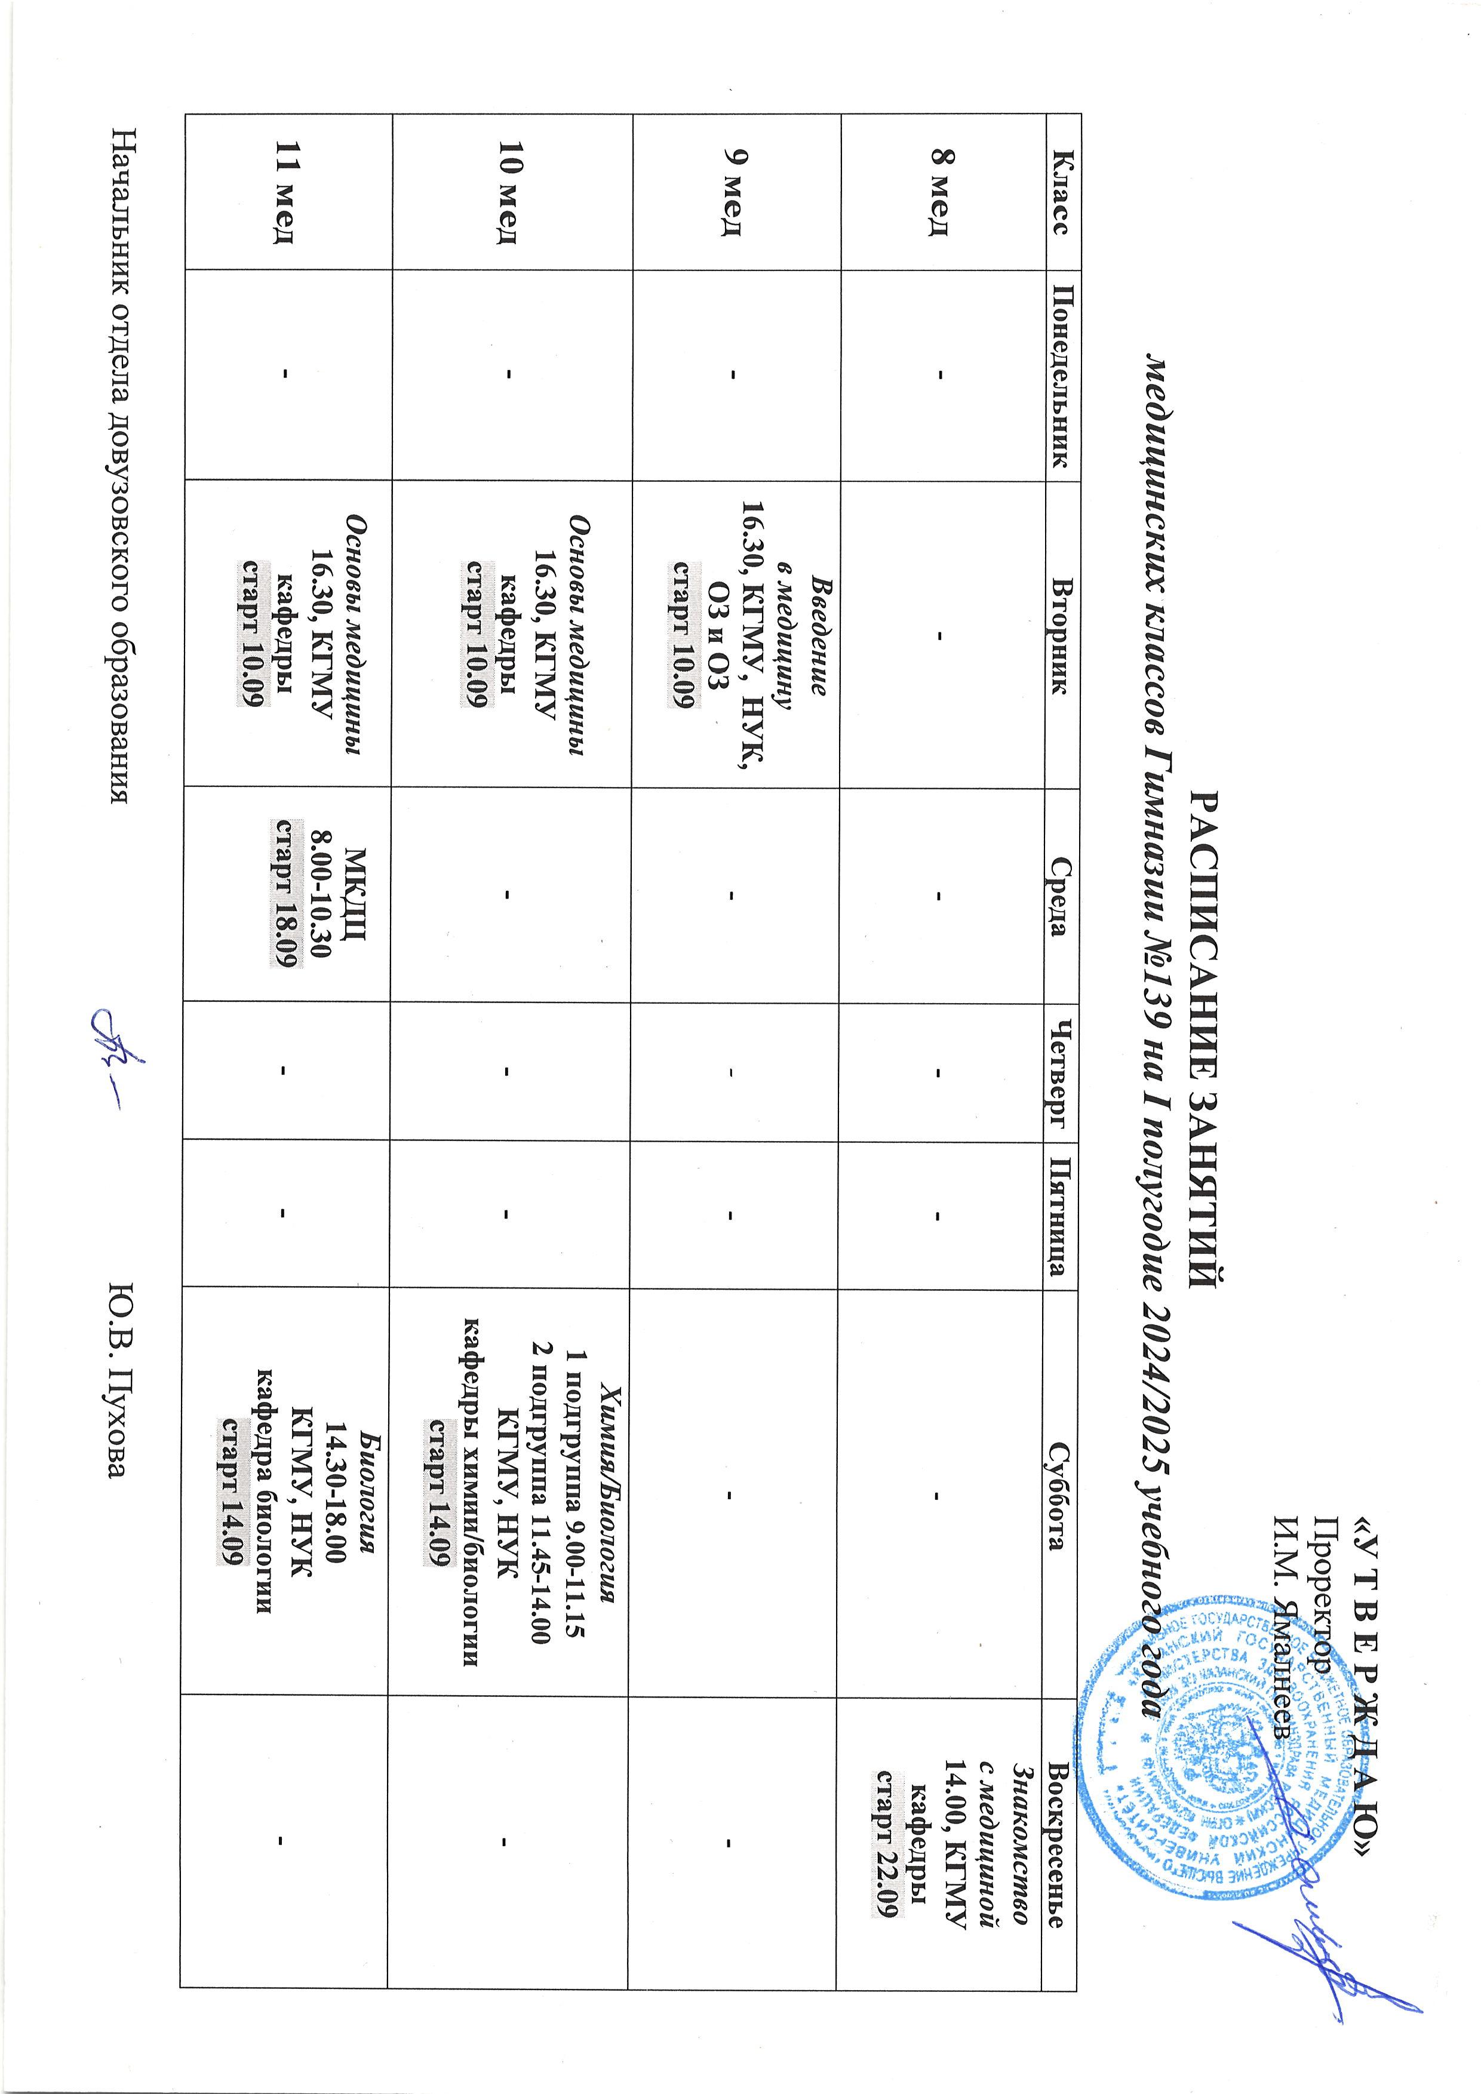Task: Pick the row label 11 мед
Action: [x=287, y=192]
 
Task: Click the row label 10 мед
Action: [x=508, y=192]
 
